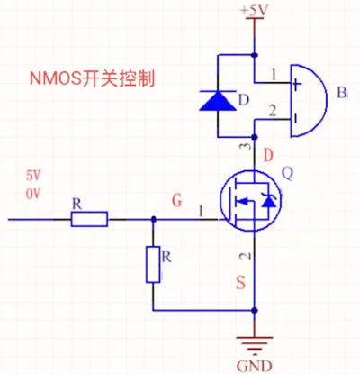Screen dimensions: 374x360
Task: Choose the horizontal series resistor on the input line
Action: (x=89, y=218)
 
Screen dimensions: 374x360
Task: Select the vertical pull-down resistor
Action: (x=153, y=263)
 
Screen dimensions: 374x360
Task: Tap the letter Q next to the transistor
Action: (x=288, y=173)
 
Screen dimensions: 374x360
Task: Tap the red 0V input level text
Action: (x=34, y=194)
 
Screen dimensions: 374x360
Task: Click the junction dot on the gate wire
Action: (x=153, y=218)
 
